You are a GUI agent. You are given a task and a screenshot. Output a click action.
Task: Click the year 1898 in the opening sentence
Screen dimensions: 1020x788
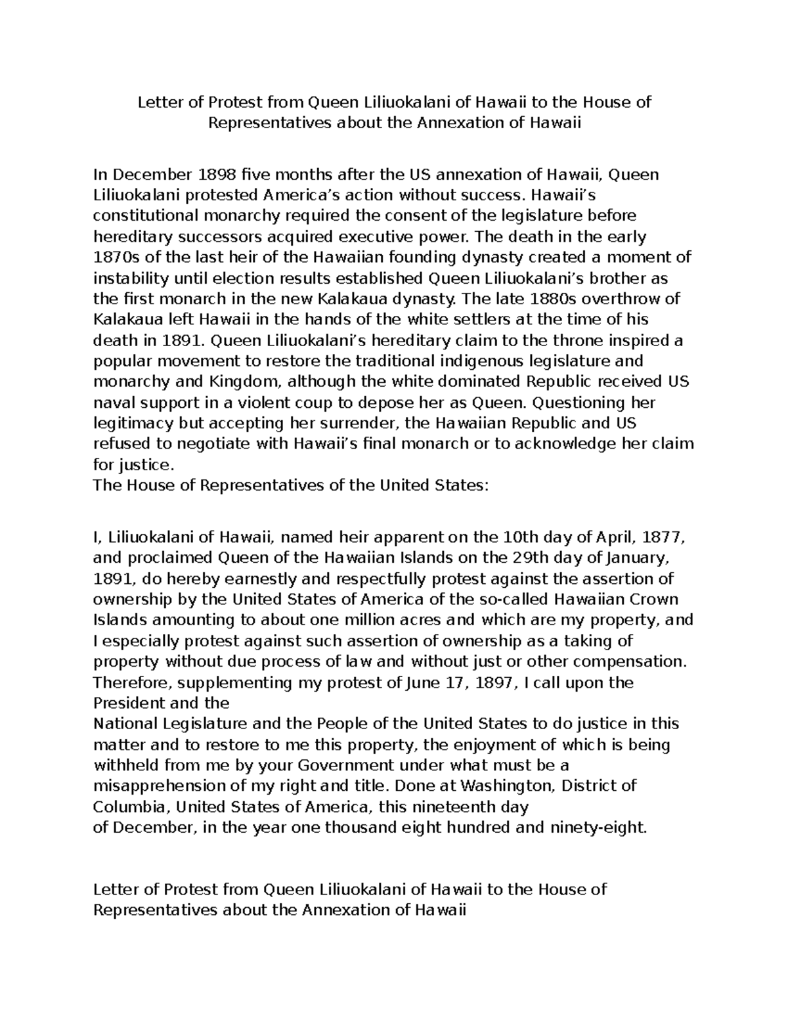coord(213,175)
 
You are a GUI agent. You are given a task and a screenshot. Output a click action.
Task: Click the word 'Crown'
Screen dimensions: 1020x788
coord(653,600)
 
